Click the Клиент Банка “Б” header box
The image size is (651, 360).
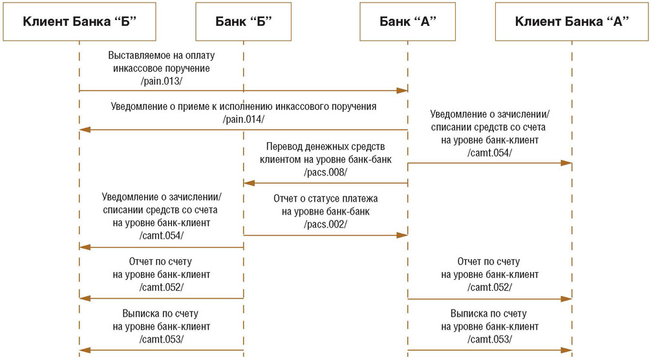click(x=80, y=21)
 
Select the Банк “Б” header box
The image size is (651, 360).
click(x=243, y=21)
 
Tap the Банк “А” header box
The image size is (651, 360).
click(x=407, y=21)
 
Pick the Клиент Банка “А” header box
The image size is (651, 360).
click(x=571, y=21)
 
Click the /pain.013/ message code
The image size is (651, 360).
click(x=161, y=81)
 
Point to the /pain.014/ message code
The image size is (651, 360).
click(x=243, y=120)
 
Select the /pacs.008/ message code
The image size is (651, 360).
click(x=326, y=173)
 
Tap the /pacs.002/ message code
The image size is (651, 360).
click(x=326, y=224)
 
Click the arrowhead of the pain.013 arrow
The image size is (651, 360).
click(x=402, y=90)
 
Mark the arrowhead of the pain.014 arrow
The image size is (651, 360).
click(x=85, y=129)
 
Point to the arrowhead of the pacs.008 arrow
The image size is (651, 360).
click(x=249, y=183)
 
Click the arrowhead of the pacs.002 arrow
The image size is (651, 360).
click(x=402, y=235)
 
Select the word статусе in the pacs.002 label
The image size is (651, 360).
click(x=324, y=198)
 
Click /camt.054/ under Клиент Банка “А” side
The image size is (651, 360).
click(x=489, y=153)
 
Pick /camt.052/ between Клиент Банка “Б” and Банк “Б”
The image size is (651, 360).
click(x=161, y=288)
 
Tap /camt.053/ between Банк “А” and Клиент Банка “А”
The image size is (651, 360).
click(x=489, y=339)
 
